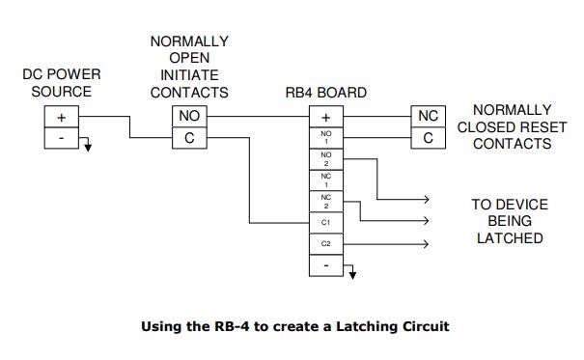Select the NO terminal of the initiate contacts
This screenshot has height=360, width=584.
tap(189, 117)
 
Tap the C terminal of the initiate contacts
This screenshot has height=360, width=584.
tap(189, 138)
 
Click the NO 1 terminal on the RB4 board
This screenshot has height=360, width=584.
tap(325, 137)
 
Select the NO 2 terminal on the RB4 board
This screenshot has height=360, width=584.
tap(325, 158)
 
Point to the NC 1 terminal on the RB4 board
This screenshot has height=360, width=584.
tap(325, 180)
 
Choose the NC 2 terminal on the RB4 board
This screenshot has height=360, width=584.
tap(325, 202)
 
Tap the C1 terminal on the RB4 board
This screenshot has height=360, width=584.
tap(325, 223)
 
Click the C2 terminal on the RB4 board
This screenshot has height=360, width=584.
tap(325, 244)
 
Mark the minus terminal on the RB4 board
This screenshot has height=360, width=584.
tap(325, 264)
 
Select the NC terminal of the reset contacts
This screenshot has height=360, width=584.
tap(428, 117)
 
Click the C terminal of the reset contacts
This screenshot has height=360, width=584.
tap(428, 138)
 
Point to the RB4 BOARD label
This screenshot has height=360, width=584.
tap(325, 94)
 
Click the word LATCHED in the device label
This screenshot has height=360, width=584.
tap(511, 237)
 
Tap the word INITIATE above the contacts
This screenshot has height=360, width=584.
tap(189, 75)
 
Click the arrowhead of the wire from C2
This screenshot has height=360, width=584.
tap(425, 244)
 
